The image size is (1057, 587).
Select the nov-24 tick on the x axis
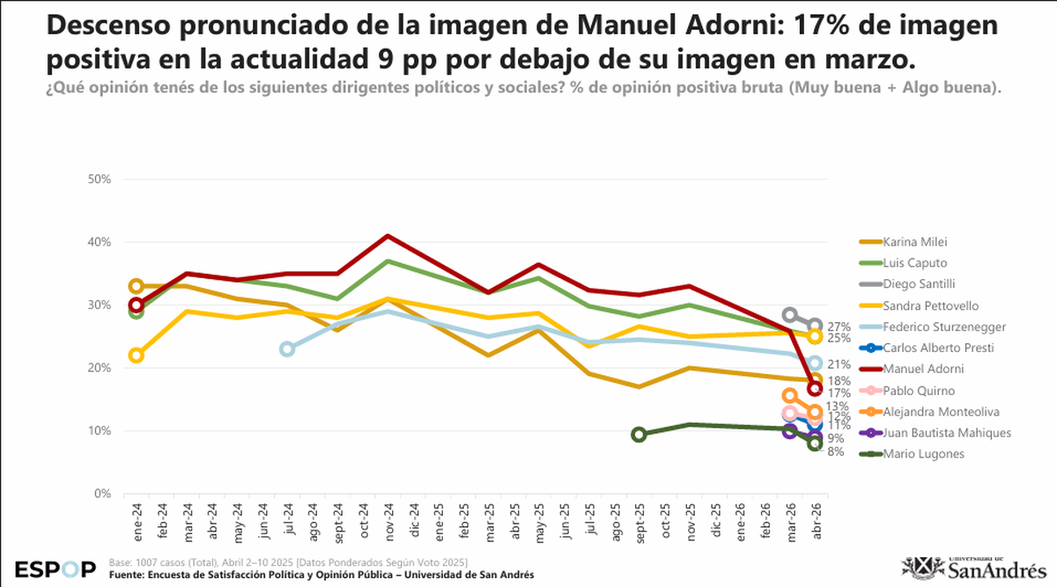[x=388, y=518]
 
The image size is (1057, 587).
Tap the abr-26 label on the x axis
[x=816, y=518]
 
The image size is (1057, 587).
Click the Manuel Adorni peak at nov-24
[x=388, y=236]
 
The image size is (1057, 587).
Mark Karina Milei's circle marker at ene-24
[x=137, y=286]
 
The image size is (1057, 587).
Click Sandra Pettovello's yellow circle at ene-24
[x=137, y=356]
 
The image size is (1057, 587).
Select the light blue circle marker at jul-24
[x=287, y=349]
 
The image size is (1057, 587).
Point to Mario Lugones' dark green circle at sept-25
[x=639, y=434]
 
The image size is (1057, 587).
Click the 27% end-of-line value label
[x=838, y=327]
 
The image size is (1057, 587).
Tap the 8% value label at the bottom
[x=835, y=452]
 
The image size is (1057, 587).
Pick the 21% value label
[x=838, y=364]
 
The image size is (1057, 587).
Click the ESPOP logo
[x=55, y=569]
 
